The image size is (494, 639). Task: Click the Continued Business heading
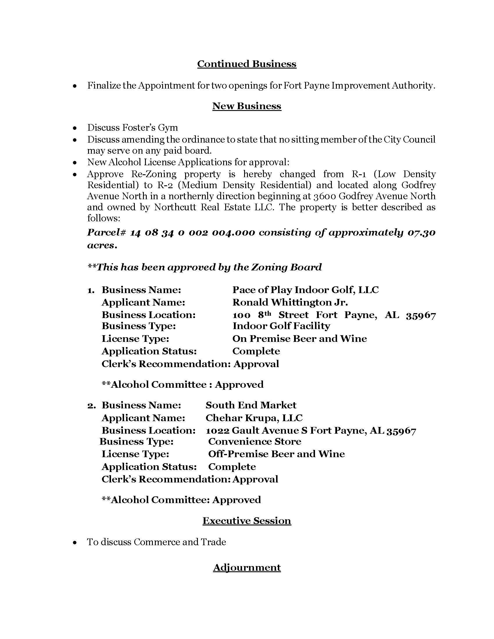(x=247, y=64)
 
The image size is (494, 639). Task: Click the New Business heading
(x=247, y=106)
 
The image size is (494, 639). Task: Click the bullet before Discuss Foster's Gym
(x=75, y=128)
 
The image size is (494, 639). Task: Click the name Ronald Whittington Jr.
(x=290, y=302)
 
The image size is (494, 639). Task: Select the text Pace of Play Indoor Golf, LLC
(x=305, y=290)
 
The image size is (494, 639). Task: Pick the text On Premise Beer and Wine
(x=299, y=338)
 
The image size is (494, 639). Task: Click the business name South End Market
(x=251, y=405)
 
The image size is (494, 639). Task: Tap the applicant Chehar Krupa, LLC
(x=254, y=418)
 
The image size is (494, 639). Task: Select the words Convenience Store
(x=255, y=441)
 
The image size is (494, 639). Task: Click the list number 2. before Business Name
(x=91, y=405)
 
